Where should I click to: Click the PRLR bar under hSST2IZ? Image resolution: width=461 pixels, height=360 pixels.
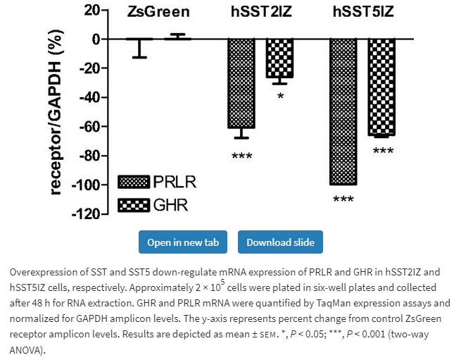(241, 83)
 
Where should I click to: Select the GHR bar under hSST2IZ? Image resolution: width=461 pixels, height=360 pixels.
(279, 58)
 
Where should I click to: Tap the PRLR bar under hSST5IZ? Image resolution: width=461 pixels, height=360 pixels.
(343, 111)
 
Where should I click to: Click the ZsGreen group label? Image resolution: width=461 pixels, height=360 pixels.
(158, 12)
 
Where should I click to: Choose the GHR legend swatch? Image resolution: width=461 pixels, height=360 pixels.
(134, 206)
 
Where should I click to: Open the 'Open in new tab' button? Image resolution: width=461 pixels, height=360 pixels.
(183, 242)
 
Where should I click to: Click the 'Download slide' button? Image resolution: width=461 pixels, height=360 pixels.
(280, 242)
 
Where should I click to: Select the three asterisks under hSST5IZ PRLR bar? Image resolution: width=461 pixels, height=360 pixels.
(343, 199)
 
